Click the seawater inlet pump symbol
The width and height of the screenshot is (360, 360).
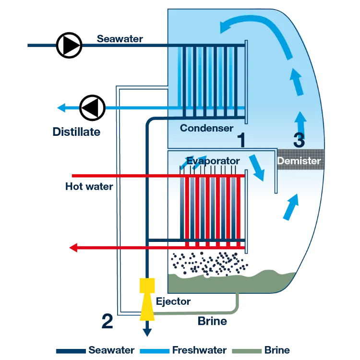click(69, 45)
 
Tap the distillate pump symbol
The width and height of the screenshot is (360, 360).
click(92, 108)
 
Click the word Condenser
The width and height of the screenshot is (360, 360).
click(206, 128)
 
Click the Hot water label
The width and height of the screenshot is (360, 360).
click(89, 186)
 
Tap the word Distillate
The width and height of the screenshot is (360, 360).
click(76, 132)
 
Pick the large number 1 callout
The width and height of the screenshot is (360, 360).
click(241, 140)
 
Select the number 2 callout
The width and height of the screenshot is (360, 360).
click(107, 321)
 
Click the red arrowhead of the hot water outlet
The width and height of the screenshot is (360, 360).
click(74, 248)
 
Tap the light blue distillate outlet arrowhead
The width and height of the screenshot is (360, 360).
click(61, 108)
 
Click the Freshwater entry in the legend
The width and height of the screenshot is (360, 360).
click(199, 350)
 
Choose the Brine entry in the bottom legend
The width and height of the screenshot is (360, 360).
click(276, 350)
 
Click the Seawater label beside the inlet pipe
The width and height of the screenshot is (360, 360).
click(120, 39)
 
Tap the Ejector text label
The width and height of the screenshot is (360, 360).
click(173, 302)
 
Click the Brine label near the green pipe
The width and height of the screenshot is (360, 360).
click(212, 321)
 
